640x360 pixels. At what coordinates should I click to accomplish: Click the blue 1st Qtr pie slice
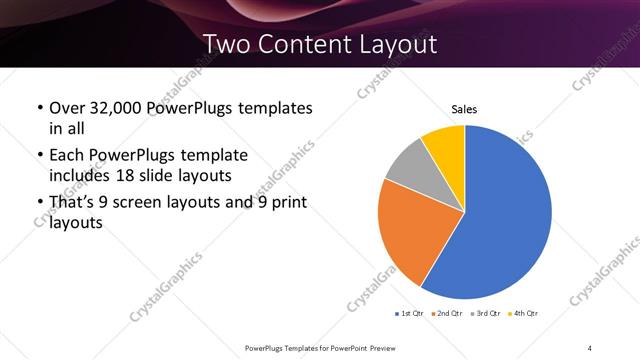[505, 215]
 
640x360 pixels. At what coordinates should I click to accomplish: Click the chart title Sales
[464, 109]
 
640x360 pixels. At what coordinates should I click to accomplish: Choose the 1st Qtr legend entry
[409, 315]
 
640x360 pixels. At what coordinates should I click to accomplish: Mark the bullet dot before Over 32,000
[39, 107]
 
